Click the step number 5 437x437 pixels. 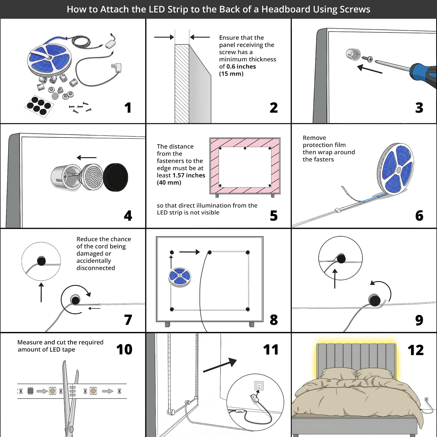point(274,215)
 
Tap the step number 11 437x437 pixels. point(271,350)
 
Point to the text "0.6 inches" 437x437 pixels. point(241,66)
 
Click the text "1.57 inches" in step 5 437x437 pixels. point(189,175)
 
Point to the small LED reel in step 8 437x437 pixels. point(179,277)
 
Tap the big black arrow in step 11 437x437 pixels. point(220,365)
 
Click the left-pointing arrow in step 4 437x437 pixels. point(87,158)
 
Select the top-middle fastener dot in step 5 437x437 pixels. point(245,148)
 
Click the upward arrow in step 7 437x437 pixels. point(41,292)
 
